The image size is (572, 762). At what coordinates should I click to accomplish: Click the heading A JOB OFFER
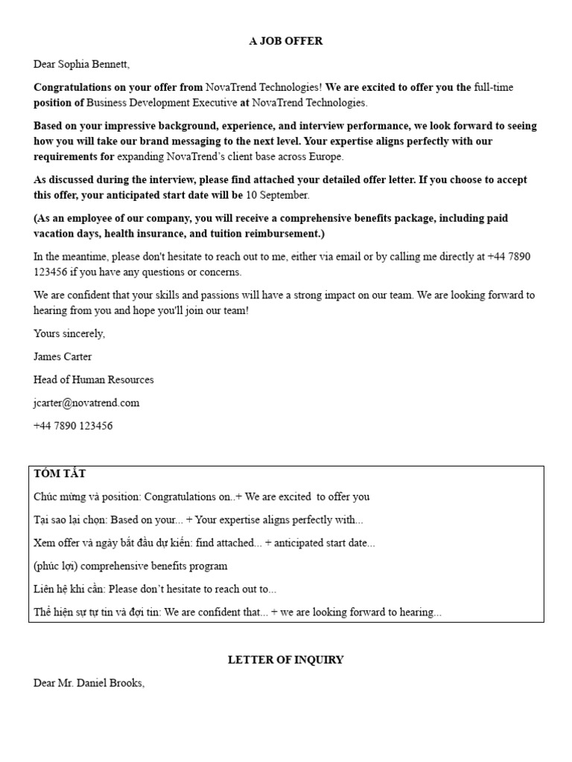point(285,41)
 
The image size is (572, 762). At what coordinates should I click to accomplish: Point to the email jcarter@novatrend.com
point(86,403)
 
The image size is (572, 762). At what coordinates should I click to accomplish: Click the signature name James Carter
point(63,356)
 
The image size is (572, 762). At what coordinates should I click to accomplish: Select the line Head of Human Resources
point(94,380)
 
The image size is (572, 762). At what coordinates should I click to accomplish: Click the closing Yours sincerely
point(69,333)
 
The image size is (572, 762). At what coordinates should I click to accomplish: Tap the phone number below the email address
point(73,426)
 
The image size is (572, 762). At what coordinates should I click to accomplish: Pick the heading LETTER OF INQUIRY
point(285,659)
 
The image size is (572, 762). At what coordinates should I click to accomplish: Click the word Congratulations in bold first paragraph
point(77,87)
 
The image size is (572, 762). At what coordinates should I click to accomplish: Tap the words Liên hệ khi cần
point(69,589)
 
